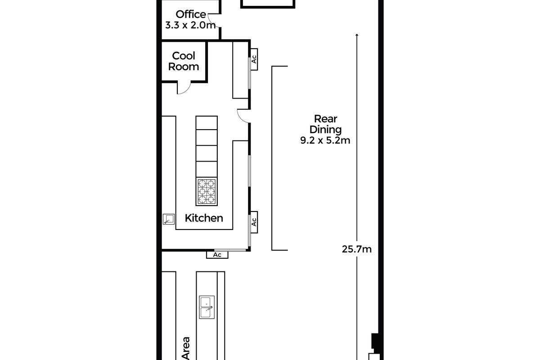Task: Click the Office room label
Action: pos(191,14)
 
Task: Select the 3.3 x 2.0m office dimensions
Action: pos(191,25)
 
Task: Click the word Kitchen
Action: pos(204,218)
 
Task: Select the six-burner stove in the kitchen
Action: pos(207,191)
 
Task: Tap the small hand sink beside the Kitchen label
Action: pos(168,220)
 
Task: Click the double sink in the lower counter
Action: pos(207,308)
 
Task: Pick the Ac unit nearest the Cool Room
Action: pos(254,59)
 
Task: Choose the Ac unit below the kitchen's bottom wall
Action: pos(217,255)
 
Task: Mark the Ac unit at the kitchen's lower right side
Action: pos(254,222)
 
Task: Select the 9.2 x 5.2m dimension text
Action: pos(325,140)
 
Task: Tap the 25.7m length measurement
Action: pos(357,249)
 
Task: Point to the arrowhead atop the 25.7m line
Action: pos(357,35)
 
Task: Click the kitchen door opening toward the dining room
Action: pos(243,116)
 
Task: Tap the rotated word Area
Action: pos(185,348)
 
